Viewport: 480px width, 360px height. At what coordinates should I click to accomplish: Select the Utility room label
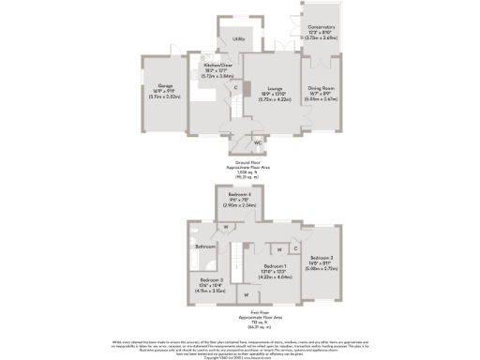tap(239, 38)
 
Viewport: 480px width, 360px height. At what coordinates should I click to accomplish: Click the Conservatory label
tap(322, 27)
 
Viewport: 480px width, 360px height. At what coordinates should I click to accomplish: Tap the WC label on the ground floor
tap(258, 143)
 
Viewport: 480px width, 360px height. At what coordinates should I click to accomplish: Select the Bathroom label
tap(205, 247)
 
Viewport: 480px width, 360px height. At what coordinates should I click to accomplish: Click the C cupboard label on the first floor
tap(296, 248)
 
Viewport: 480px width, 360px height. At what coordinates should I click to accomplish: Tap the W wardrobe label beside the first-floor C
tap(279, 248)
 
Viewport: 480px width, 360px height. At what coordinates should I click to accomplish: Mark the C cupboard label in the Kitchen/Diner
tap(236, 86)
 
